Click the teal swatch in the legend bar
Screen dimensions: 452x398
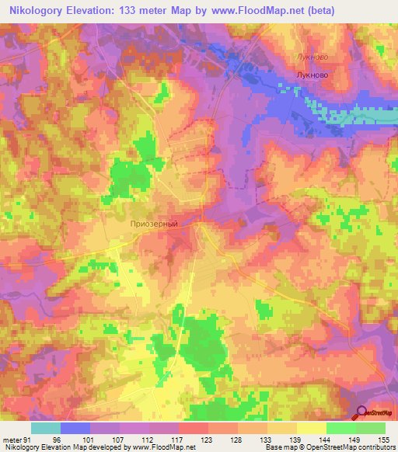point(46,428)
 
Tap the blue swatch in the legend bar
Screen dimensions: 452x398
point(75,428)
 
